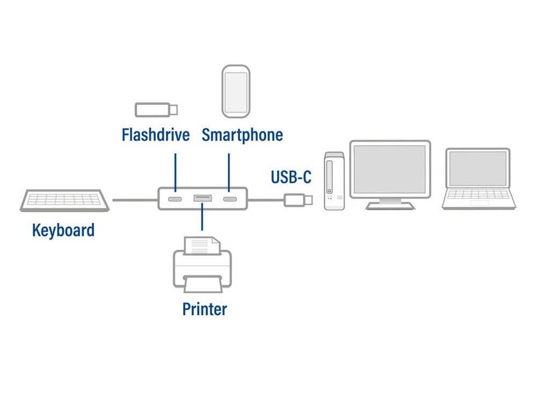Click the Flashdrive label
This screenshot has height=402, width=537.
tap(156, 135)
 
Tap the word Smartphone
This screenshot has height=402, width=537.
tap(242, 135)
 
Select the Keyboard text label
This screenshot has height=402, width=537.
tap(63, 230)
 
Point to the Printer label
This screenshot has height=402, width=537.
tap(205, 309)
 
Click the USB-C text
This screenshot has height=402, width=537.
tap(291, 176)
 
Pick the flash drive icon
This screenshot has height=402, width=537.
tap(156, 109)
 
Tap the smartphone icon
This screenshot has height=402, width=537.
tap(236, 91)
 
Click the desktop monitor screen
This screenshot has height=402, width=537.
tap(390, 169)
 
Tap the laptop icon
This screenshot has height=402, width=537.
tap(478, 178)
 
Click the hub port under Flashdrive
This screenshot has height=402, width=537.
tap(175, 199)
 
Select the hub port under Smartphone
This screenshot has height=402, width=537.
tap(229, 199)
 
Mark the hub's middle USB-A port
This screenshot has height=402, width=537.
tap(202, 199)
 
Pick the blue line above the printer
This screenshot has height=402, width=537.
tap(202, 218)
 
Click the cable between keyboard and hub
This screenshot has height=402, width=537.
tap(135, 200)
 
